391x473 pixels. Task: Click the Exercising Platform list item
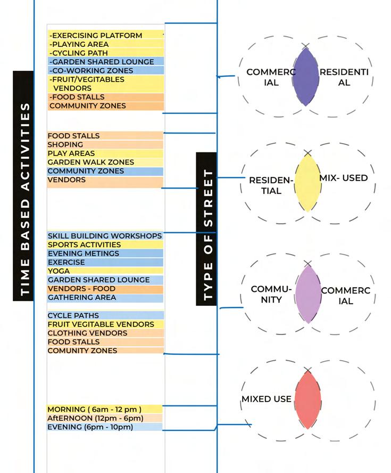pos(96,36)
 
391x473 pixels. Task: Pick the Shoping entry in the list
pos(65,144)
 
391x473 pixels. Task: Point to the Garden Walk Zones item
pos(90,162)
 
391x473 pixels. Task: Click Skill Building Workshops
pos(104,235)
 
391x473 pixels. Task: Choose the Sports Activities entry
pos(84,244)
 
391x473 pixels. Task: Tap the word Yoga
pos(59,271)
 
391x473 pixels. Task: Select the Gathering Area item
pos(81,297)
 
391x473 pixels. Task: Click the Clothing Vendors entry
pos(87,333)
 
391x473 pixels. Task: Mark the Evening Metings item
pos(83,254)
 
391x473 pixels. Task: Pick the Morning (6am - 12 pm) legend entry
pos(94,409)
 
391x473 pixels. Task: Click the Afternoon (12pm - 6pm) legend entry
pos(95,418)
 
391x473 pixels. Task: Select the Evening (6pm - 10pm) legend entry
pos(94,427)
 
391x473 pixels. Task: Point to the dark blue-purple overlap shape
pos(305,77)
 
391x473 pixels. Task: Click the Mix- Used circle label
pos(344,177)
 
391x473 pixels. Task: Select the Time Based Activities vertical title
pos(23,185)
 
